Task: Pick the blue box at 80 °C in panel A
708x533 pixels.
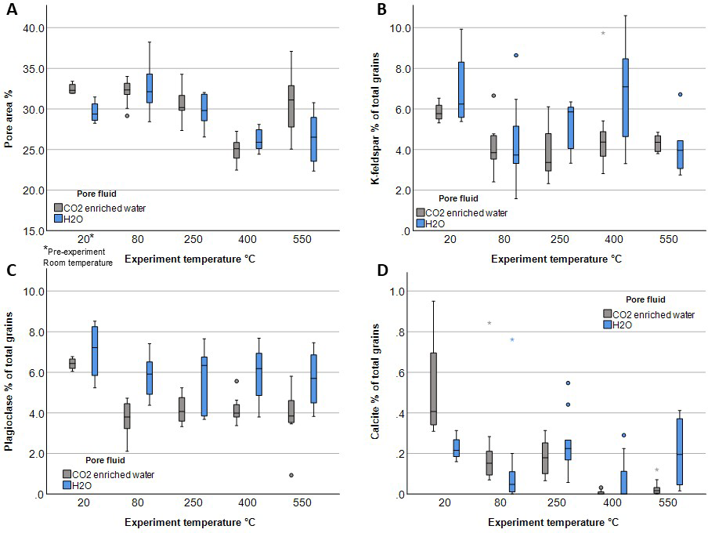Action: pyautogui.click(x=149, y=89)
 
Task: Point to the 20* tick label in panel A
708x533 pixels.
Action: pyautogui.click(x=85, y=237)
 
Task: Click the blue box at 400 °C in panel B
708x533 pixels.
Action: pyautogui.click(x=625, y=98)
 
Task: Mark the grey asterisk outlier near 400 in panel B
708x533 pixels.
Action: pyautogui.click(x=603, y=34)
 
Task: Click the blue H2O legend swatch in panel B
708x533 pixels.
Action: pyautogui.click(x=420, y=223)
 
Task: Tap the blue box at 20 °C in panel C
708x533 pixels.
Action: pyautogui.click(x=95, y=351)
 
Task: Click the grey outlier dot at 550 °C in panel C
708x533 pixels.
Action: pyautogui.click(x=269, y=475)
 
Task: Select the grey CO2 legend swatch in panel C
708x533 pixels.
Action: pyautogui.click(x=69, y=474)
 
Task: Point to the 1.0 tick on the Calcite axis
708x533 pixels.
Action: pyautogui.click(x=399, y=292)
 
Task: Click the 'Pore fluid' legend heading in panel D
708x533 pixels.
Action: pyautogui.click(x=646, y=299)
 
